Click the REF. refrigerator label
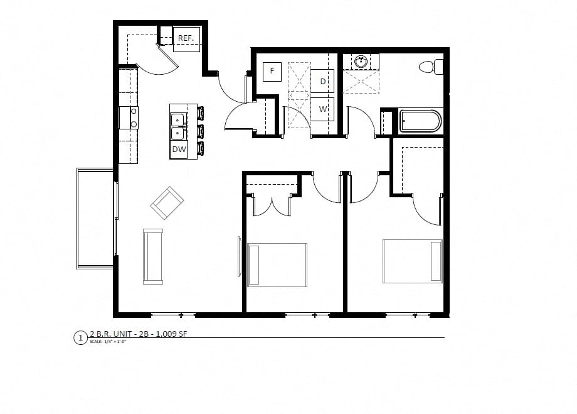186,38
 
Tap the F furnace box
272,71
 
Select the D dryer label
323,82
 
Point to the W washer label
323,109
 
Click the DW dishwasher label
179,150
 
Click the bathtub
421,121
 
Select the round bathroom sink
361,62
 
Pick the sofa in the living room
153,256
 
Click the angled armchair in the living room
167,202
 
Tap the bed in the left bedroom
277,264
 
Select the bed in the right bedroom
413,261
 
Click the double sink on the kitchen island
177,125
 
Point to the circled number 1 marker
80,338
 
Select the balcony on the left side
95,217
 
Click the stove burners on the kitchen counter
134,117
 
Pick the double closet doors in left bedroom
272,205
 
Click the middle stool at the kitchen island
201,131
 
